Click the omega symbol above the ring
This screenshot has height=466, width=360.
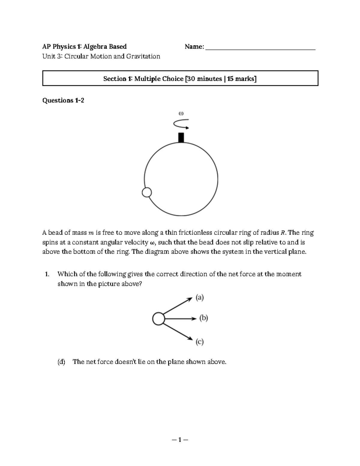click(181, 113)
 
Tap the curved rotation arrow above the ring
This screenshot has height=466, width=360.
click(181, 124)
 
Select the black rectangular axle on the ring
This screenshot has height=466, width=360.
click(181, 137)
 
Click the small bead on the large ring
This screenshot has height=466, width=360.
click(147, 192)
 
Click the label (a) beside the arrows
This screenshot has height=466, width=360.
click(200, 297)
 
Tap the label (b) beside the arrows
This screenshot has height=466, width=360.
click(204, 318)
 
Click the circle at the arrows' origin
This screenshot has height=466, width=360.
click(158, 319)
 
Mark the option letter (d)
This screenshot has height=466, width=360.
click(61, 362)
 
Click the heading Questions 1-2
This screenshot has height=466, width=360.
click(63, 100)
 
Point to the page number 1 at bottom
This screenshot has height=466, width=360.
click(180, 440)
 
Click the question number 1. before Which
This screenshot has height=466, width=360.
click(47, 274)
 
